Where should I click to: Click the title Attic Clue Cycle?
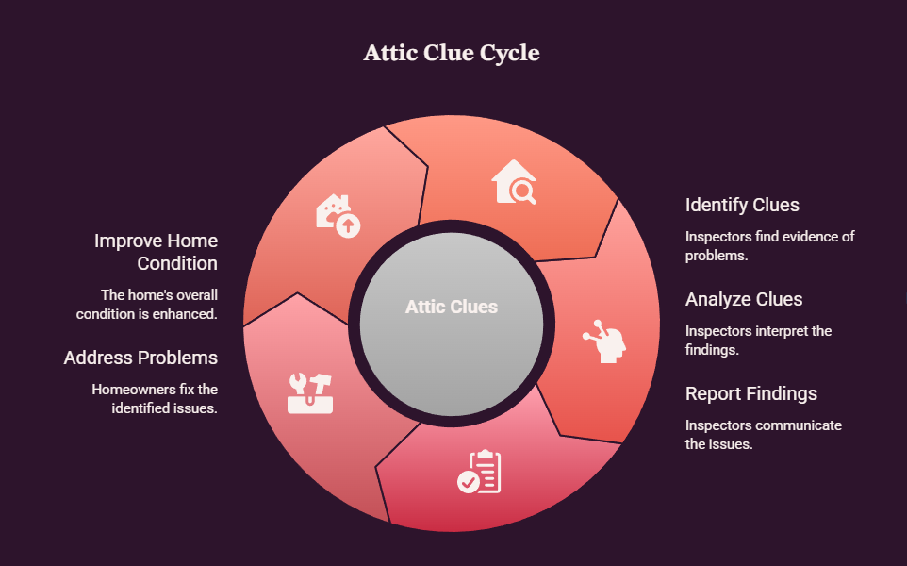(x=452, y=53)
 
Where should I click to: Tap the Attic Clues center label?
(x=452, y=307)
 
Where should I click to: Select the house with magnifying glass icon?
(x=514, y=182)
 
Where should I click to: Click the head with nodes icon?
(x=604, y=341)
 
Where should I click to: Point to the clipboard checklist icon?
(x=480, y=472)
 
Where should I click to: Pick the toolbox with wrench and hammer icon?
(x=310, y=393)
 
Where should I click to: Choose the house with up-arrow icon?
(x=338, y=216)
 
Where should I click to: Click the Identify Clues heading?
(x=742, y=205)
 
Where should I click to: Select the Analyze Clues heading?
(x=744, y=299)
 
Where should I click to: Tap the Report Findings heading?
(x=750, y=393)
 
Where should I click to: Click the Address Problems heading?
(x=140, y=358)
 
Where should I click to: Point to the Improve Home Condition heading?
(x=157, y=252)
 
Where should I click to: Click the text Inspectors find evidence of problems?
(x=770, y=246)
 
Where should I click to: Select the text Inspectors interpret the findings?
(x=758, y=341)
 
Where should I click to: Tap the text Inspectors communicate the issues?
(x=764, y=435)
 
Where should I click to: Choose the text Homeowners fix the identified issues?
(x=155, y=399)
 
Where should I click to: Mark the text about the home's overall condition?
(x=147, y=305)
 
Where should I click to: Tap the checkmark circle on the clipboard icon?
(x=468, y=481)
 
